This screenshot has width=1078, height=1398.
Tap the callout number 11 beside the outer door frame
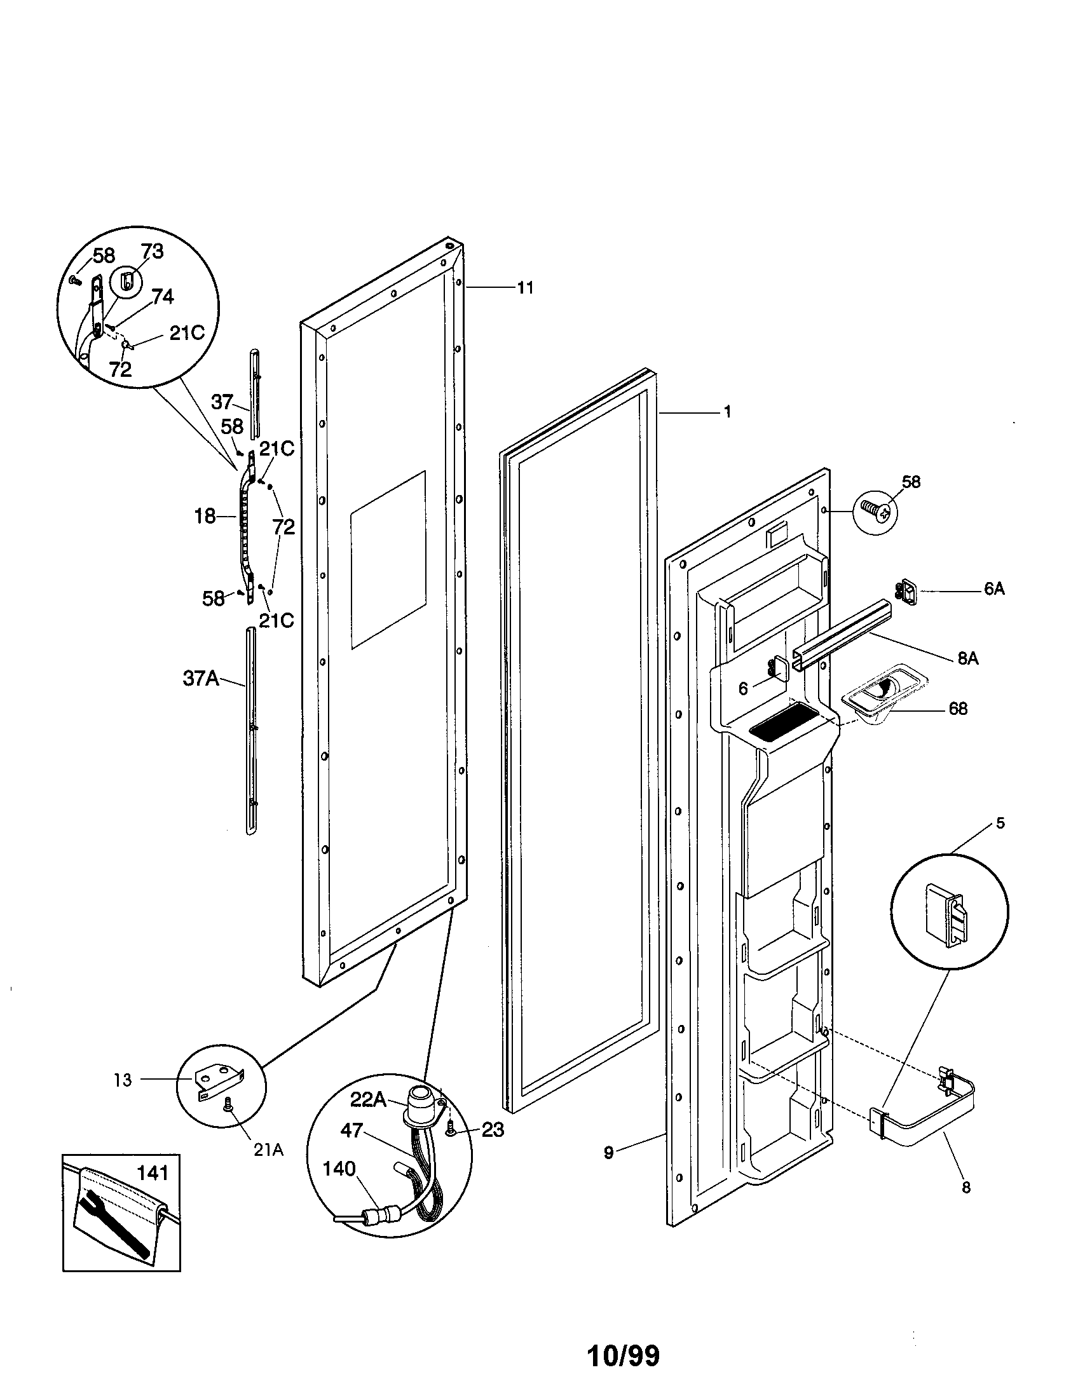525,288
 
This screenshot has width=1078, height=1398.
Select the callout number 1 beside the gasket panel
727,412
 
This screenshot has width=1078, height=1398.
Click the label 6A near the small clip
994,590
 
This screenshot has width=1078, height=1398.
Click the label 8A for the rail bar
968,658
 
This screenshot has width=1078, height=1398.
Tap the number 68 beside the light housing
958,709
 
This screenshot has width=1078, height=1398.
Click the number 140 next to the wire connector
339,1169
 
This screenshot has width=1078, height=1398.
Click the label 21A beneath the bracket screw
268,1150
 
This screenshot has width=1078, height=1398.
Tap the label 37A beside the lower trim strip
201,679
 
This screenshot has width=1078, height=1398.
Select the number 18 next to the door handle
205,516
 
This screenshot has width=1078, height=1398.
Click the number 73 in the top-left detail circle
152,252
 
